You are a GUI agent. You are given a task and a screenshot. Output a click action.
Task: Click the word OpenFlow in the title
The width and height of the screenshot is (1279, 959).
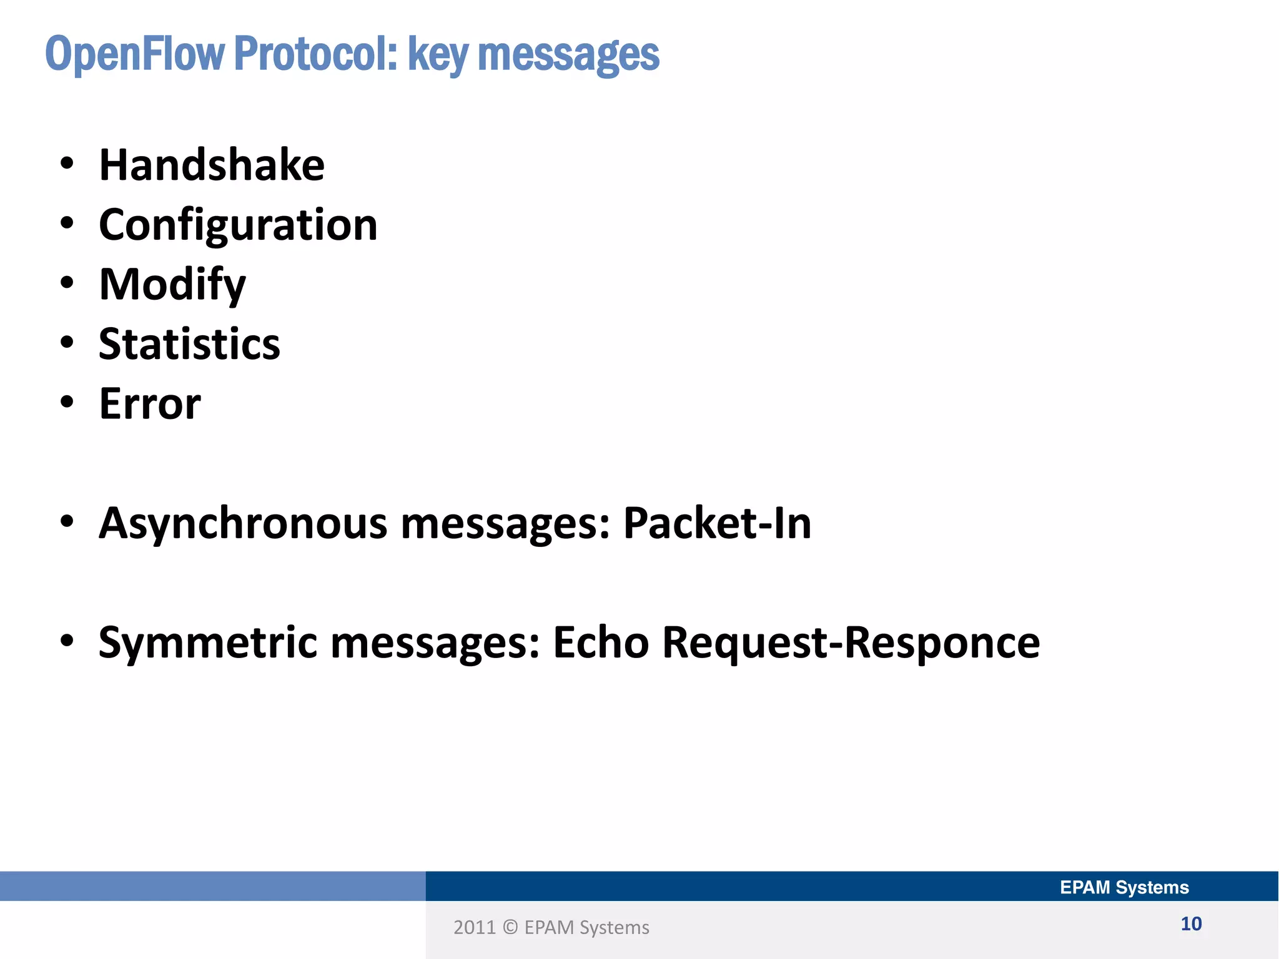pyautogui.click(x=134, y=55)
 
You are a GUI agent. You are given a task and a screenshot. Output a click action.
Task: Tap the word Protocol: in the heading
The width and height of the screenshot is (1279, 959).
pyautogui.click(x=315, y=55)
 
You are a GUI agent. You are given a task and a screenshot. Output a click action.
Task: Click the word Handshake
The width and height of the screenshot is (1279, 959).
pyautogui.click(x=212, y=165)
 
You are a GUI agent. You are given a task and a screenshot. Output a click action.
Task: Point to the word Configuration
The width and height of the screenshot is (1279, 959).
pyautogui.click(x=238, y=225)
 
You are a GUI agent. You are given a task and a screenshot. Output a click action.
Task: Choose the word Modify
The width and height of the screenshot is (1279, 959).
pyautogui.click(x=172, y=285)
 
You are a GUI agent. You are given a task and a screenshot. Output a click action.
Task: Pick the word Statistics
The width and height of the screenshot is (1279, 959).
pyautogui.click(x=189, y=344)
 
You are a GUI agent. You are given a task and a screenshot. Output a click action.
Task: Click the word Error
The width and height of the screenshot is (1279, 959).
pyautogui.click(x=150, y=404)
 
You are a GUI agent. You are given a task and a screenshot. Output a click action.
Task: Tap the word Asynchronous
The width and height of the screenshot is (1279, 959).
pyautogui.click(x=243, y=523)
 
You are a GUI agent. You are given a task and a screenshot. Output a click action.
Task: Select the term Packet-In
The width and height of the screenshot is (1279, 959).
pyautogui.click(x=717, y=523)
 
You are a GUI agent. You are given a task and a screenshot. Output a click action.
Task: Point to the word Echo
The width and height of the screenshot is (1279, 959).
pyautogui.click(x=601, y=642)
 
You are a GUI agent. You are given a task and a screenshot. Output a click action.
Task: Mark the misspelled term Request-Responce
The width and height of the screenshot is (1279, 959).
pyautogui.click(x=851, y=642)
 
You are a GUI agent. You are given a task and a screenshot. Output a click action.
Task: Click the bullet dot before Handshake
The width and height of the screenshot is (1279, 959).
pyautogui.click(x=67, y=165)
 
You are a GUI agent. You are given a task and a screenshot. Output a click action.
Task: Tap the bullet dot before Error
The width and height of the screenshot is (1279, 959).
pyautogui.click(x=67, y=403)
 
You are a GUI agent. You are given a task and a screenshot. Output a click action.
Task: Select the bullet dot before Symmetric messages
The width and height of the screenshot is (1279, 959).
pyautogui.click(x=67, y=641)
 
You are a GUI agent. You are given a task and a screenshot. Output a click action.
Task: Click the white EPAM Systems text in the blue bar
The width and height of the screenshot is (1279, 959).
pyautogui.click(x=1124, y=887)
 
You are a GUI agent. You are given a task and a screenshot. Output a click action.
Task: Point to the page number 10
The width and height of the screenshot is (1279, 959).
pyautogui.click(x=1191, y=924)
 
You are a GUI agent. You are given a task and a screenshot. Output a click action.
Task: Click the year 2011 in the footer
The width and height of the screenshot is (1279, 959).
pyautogui.click(x=474, y=928)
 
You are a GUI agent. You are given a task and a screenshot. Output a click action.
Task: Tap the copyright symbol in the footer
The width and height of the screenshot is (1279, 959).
pyautogui.click(x=510, y=928)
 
